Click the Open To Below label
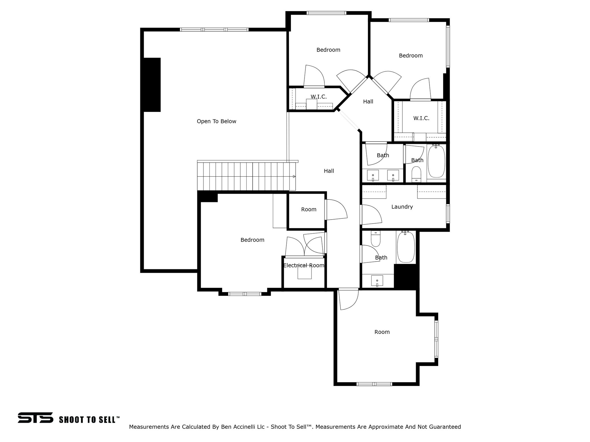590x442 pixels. [216, 121]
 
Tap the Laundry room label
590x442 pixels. [402, 207]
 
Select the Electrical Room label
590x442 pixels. [304, 266]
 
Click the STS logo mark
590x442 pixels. [35, 418]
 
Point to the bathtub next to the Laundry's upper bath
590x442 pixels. [436, 162]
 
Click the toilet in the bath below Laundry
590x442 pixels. [376, 239]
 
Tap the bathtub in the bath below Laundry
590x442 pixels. [406, 247]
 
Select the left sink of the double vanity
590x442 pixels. [373, 175]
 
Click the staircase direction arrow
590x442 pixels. [294, 176]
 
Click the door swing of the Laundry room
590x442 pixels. [372, 214]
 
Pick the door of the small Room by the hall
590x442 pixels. [336, 210]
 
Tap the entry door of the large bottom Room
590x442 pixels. [349, 299]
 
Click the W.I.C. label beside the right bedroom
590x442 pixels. [421, 118]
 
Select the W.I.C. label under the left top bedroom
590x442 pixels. [319, 97]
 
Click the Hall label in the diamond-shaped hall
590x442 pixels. [368, 102]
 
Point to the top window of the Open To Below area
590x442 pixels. [214, 30]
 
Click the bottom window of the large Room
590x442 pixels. [374, 384]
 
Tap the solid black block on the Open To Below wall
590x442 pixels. [152, 85]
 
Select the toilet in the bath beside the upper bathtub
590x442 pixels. [416, 174]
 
